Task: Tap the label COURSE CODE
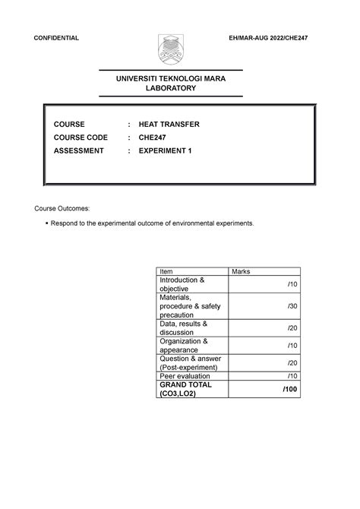(81, 138)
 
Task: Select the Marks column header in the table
(245, 271)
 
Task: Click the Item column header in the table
(166, 271)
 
